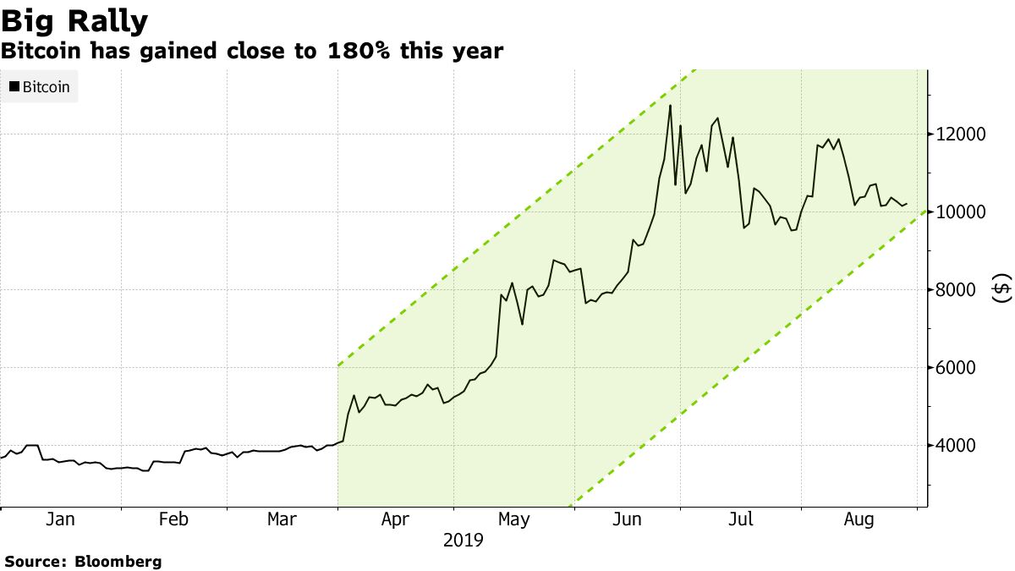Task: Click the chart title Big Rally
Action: pyautogui.click(x=74, y=20)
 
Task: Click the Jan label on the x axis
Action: pyautogui.click(x=60, y=519)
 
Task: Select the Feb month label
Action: pyautogui.click(x=173, y=519)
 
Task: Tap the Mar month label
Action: pyautogui.click(x=282, y=519)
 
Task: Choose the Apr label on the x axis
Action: pyautogui.click(x=396, y=519)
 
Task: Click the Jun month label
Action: pyautogui.click(x=627, y=519)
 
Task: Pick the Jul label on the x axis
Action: pyautogui.click(x=742, y=519)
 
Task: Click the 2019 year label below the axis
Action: pyautogui.click(x=464, y=540)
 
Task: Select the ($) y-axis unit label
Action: pyautogui.click(x=1001, y=288)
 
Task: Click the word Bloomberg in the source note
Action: pyautogui.click(x=118, y=561)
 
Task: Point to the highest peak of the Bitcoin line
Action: pyautogui.click(x=670, y=105)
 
